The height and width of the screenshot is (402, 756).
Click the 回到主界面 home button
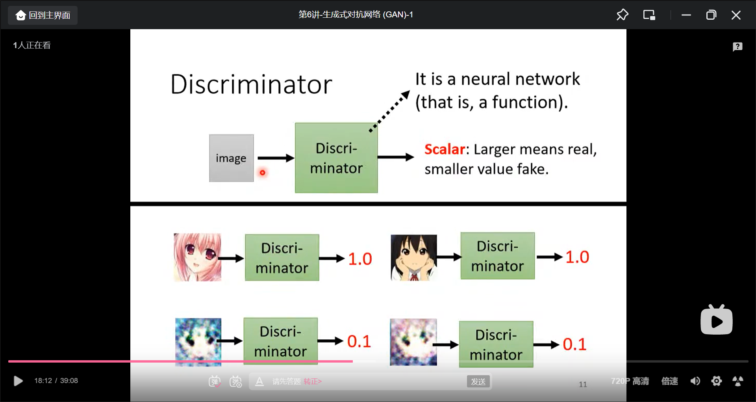pos(43,15)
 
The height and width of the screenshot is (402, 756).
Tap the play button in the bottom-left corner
pos(18,381)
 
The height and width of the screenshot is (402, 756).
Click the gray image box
pos(231,158)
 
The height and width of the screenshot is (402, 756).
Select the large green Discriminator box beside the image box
pos(336,158)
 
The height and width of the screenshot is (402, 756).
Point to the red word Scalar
pos(445,149)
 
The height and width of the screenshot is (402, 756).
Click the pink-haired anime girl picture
pos(197,257)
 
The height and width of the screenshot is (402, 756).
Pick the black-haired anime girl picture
pos(413,257)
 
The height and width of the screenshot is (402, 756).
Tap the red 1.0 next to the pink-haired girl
pos(360,259)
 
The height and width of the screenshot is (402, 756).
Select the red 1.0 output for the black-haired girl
pos(577,257)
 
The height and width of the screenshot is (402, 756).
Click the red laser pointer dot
pos(262,173)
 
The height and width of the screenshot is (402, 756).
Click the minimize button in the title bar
pos(686,15)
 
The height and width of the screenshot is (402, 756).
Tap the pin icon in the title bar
pos(622,15)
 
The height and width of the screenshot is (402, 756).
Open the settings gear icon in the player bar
pos(716,381)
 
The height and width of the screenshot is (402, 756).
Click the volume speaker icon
pos(695,381)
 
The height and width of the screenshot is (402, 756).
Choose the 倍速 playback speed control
pos(669,381)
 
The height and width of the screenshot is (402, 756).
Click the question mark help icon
pos(737,47)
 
